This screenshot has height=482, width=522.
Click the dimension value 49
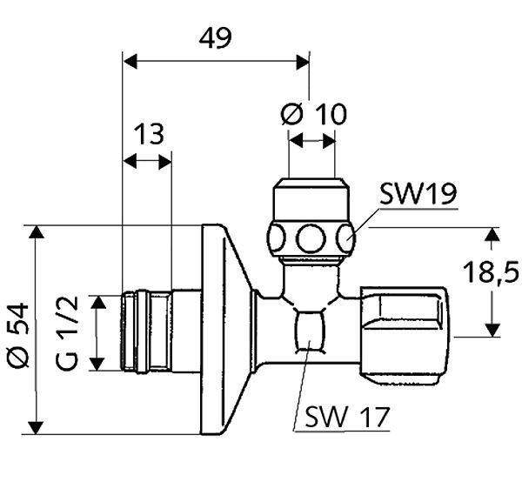click(x=215, y=37)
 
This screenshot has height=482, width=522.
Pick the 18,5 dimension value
click(x=490, y=274)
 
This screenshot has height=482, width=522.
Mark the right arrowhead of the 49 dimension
click(x=304, y=61)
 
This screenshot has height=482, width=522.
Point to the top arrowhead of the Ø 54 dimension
click(x=36, y=231)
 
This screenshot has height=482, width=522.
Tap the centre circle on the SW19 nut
click(x=310, y=238)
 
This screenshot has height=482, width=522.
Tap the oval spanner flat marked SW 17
click(x=310, y=331)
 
